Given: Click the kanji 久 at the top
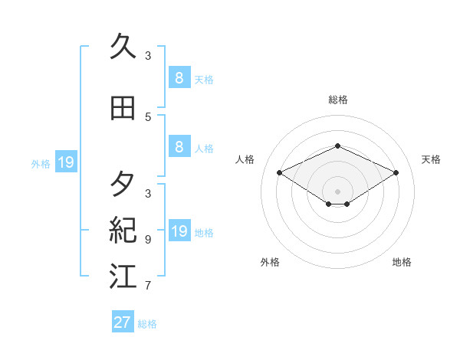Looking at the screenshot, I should click(123, 47).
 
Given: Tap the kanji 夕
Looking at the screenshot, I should click(123, 185).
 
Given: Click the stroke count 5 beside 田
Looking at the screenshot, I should click(148, 117).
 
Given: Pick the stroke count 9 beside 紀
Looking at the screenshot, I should click(148, 240).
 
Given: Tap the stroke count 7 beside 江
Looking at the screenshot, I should click(148, 286).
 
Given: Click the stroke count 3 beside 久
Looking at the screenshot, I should click(148, 56).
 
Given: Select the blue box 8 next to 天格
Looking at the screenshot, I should click(179, 78).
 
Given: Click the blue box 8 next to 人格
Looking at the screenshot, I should click(179, 147).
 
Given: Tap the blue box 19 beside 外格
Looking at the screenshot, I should click(65, 162).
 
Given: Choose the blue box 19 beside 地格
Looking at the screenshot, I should click(179, 231).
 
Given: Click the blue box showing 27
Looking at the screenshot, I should click(122, 322).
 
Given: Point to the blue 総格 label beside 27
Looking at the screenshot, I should click(147, 324).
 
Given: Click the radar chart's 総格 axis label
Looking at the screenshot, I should click(338, 100).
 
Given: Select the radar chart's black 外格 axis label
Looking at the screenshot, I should click(270, 263).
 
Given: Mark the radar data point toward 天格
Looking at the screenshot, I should click(396, 173).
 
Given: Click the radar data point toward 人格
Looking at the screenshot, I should click(280, 173).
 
